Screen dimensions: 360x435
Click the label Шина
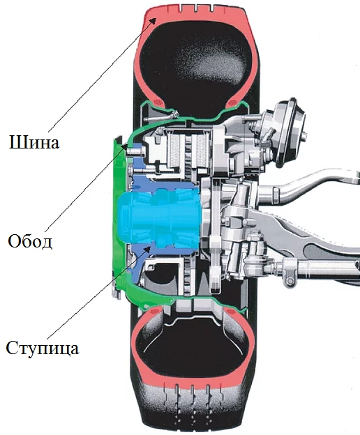coord(34,142)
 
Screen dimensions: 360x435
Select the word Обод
coord(30,241)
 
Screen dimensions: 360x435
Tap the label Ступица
coord(42,348)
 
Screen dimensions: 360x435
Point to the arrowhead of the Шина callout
coord(153,20)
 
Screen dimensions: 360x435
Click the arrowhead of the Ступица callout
coord(147,249)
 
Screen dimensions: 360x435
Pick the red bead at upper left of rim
coord(158,102)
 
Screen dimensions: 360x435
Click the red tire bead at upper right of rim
coord(232,104)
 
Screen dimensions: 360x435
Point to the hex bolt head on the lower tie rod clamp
coord(290,281)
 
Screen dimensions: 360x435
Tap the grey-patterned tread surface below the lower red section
coord(193,411)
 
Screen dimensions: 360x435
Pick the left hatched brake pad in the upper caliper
coord(175,149)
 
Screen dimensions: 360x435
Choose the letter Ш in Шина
coord(16,142)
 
